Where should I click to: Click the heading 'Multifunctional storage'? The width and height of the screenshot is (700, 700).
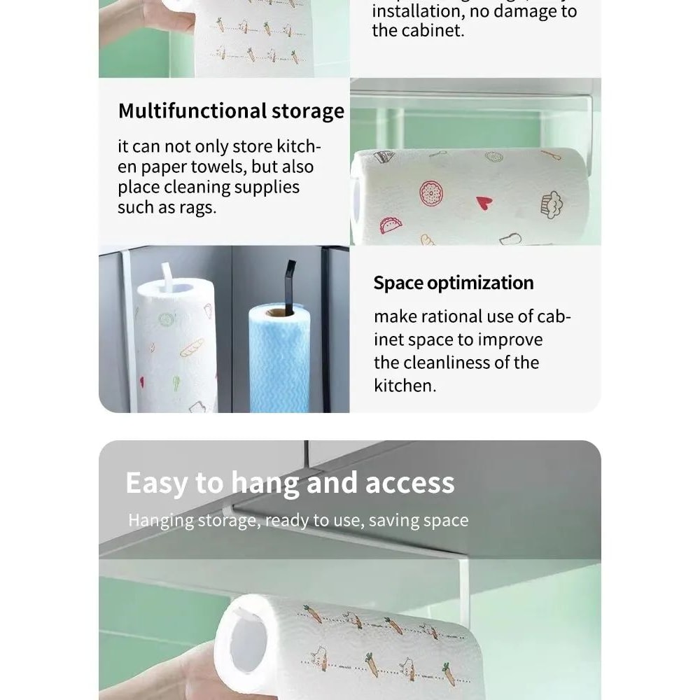click(231, 111)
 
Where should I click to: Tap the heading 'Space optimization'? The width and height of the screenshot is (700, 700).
click(453, 283)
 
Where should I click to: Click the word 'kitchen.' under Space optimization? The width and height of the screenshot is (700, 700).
click(405, 385)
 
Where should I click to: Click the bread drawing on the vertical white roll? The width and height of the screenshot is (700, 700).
click(192, 347)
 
